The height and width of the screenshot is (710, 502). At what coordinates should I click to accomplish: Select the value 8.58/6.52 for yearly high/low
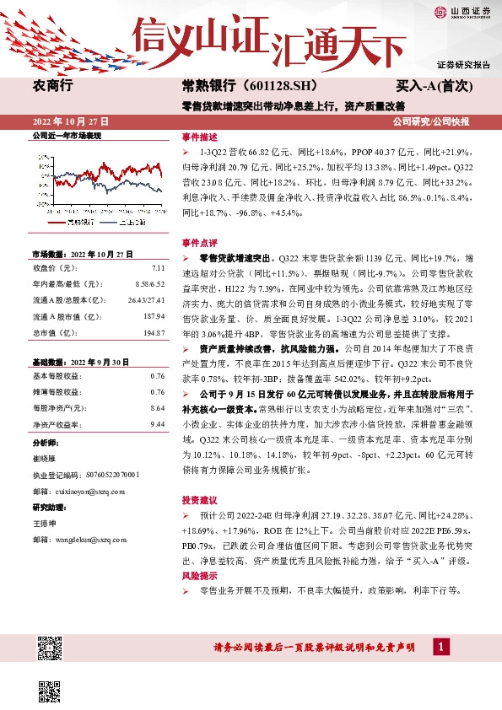pyautogui.click(x=149, y=284)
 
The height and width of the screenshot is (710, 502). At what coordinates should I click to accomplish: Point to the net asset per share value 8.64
pyautogui.click(x=157, y=407)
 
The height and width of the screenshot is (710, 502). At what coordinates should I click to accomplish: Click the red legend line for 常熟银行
pyautogui.click(x=54, y=222)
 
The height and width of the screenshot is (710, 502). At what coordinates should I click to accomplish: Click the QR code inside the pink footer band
pyautogui.click(x=50, y=648)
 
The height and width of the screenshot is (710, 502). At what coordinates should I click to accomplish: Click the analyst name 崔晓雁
pyautogui.click(x=45, y=459)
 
